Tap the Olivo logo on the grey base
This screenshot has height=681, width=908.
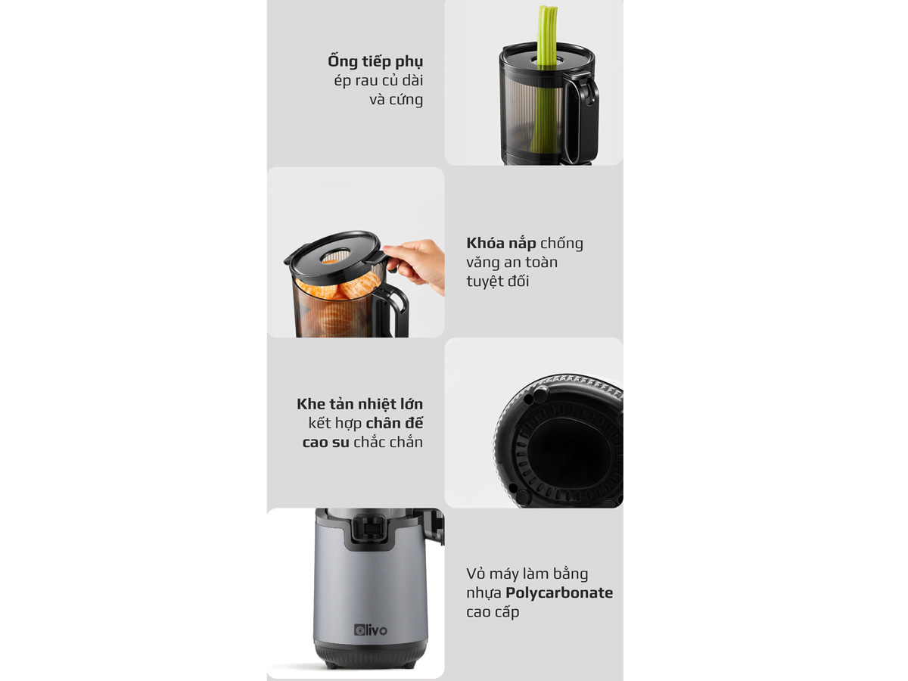click(x=371, y=630)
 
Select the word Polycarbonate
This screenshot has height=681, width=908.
click(x=559, y=593)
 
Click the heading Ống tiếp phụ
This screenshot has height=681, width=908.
click(x=375, y=61)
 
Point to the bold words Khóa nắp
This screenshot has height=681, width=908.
click(x=501, y=243)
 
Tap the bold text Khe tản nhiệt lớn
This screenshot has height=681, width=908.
click(x=359, y=404)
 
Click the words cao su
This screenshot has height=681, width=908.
click(x=325, y=443)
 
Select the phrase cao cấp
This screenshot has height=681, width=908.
click(x=493, y=612)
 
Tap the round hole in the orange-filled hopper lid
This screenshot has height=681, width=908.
click(x=335, y=256)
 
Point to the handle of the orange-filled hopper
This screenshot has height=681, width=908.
click(x=390, y=308)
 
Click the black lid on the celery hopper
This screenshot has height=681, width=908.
click(x=547, y=56)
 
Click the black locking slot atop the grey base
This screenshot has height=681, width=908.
click(x=369, y=528)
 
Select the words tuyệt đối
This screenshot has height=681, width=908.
click(x=498, y=281)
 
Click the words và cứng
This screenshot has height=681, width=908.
click(x=396, y=100)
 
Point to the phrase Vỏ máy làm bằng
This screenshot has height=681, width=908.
click(x=527, y=574)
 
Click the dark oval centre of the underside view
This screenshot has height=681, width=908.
click(x=571, y=447)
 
